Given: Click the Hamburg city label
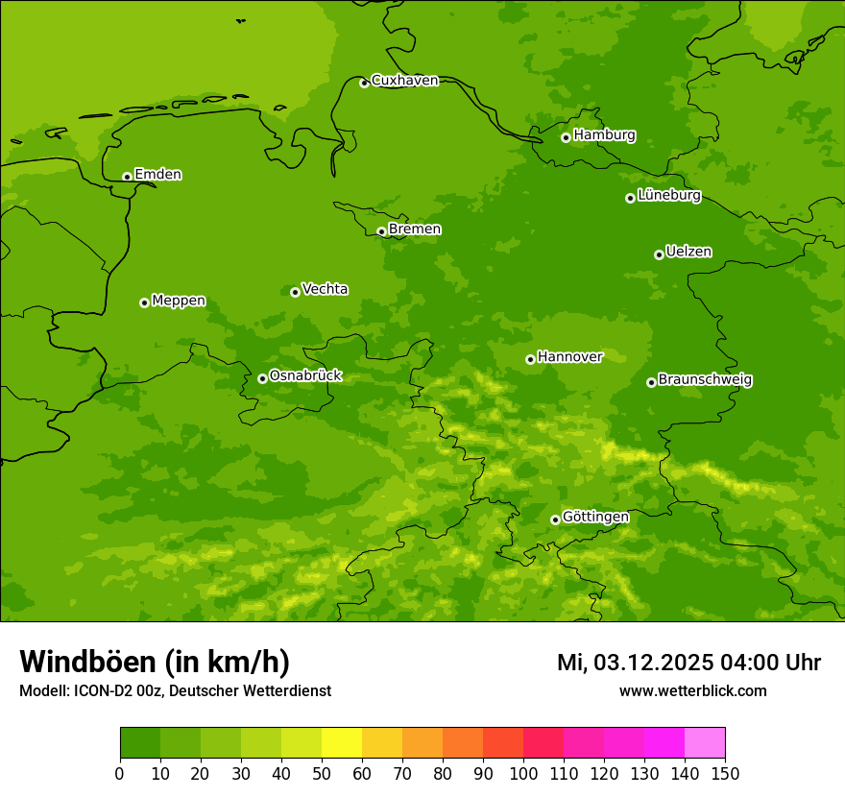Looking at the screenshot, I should tap(604, 135).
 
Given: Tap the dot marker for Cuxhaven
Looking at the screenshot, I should tap(364, 84).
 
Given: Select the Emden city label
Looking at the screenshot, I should tap(157, 175).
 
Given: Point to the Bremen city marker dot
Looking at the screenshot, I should tap(381, 231).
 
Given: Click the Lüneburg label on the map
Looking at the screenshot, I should tap(668, 196).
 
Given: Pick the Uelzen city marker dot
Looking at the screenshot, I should tap(659, 254).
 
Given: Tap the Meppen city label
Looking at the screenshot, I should tap(178, 301).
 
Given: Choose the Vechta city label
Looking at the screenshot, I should tap(325, 289).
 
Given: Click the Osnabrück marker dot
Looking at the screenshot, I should tap(262, 378).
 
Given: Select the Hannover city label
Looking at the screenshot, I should tap(569, 357).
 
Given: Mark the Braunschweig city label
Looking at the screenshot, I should tap(705, 380).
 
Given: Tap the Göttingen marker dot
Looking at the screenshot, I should tap(555, 519).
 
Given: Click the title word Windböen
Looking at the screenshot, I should tap(87, 662).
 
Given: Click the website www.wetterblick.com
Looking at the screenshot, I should tap(692, 691).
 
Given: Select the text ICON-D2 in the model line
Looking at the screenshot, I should tap(107, 691).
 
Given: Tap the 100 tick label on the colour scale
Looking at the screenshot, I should tap(523, 773).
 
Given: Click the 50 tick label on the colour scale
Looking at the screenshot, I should tap(322, 773).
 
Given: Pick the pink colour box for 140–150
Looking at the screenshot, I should tap(705, 743).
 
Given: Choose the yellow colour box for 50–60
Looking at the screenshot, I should tap(342, 743).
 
